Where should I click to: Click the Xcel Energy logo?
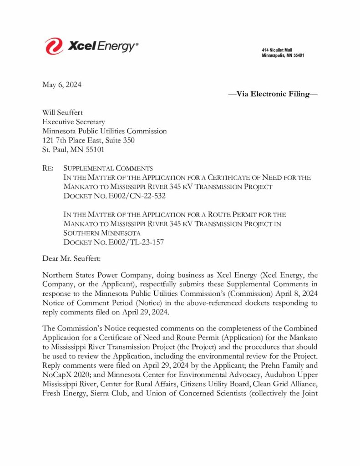click(x=91, y=46)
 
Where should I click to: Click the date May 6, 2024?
click(x=62, y=85)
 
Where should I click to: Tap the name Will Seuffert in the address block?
click(x=62, y=113)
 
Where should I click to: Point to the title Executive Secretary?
click(x=73, y=122)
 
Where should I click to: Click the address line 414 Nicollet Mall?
click(x=277, y=50)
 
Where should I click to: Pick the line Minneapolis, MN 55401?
click(x=283, y=56)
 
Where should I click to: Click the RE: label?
click(x=48, y=168)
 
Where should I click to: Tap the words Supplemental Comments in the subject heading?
click(x=108, y=168)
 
